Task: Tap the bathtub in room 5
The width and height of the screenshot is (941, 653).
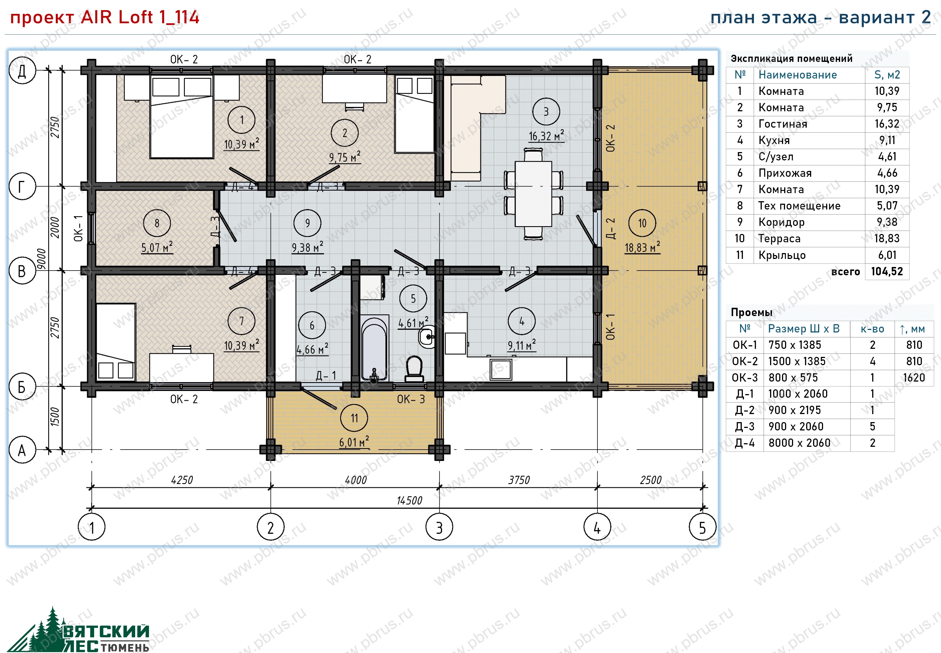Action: [x=374, y=348]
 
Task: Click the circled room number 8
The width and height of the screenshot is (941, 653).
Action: [x=157, y=223]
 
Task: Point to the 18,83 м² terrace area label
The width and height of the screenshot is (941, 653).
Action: [x=642, y=248]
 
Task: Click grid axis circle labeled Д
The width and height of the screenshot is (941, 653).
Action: [x=22, y=70]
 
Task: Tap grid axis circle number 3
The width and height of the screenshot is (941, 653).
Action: [x=439, y=527]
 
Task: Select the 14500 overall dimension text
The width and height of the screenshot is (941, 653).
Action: [x=409, y=500]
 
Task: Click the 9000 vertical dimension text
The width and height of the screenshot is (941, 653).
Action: [x=41, y=259]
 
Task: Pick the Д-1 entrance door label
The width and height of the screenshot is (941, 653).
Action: [x=326, y=375]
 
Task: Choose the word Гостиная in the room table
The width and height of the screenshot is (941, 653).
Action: [x=783, y=124]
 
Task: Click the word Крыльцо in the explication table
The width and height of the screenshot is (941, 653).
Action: [x=782, y=255]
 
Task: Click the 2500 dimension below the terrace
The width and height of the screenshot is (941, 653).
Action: [x=650, y=480]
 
